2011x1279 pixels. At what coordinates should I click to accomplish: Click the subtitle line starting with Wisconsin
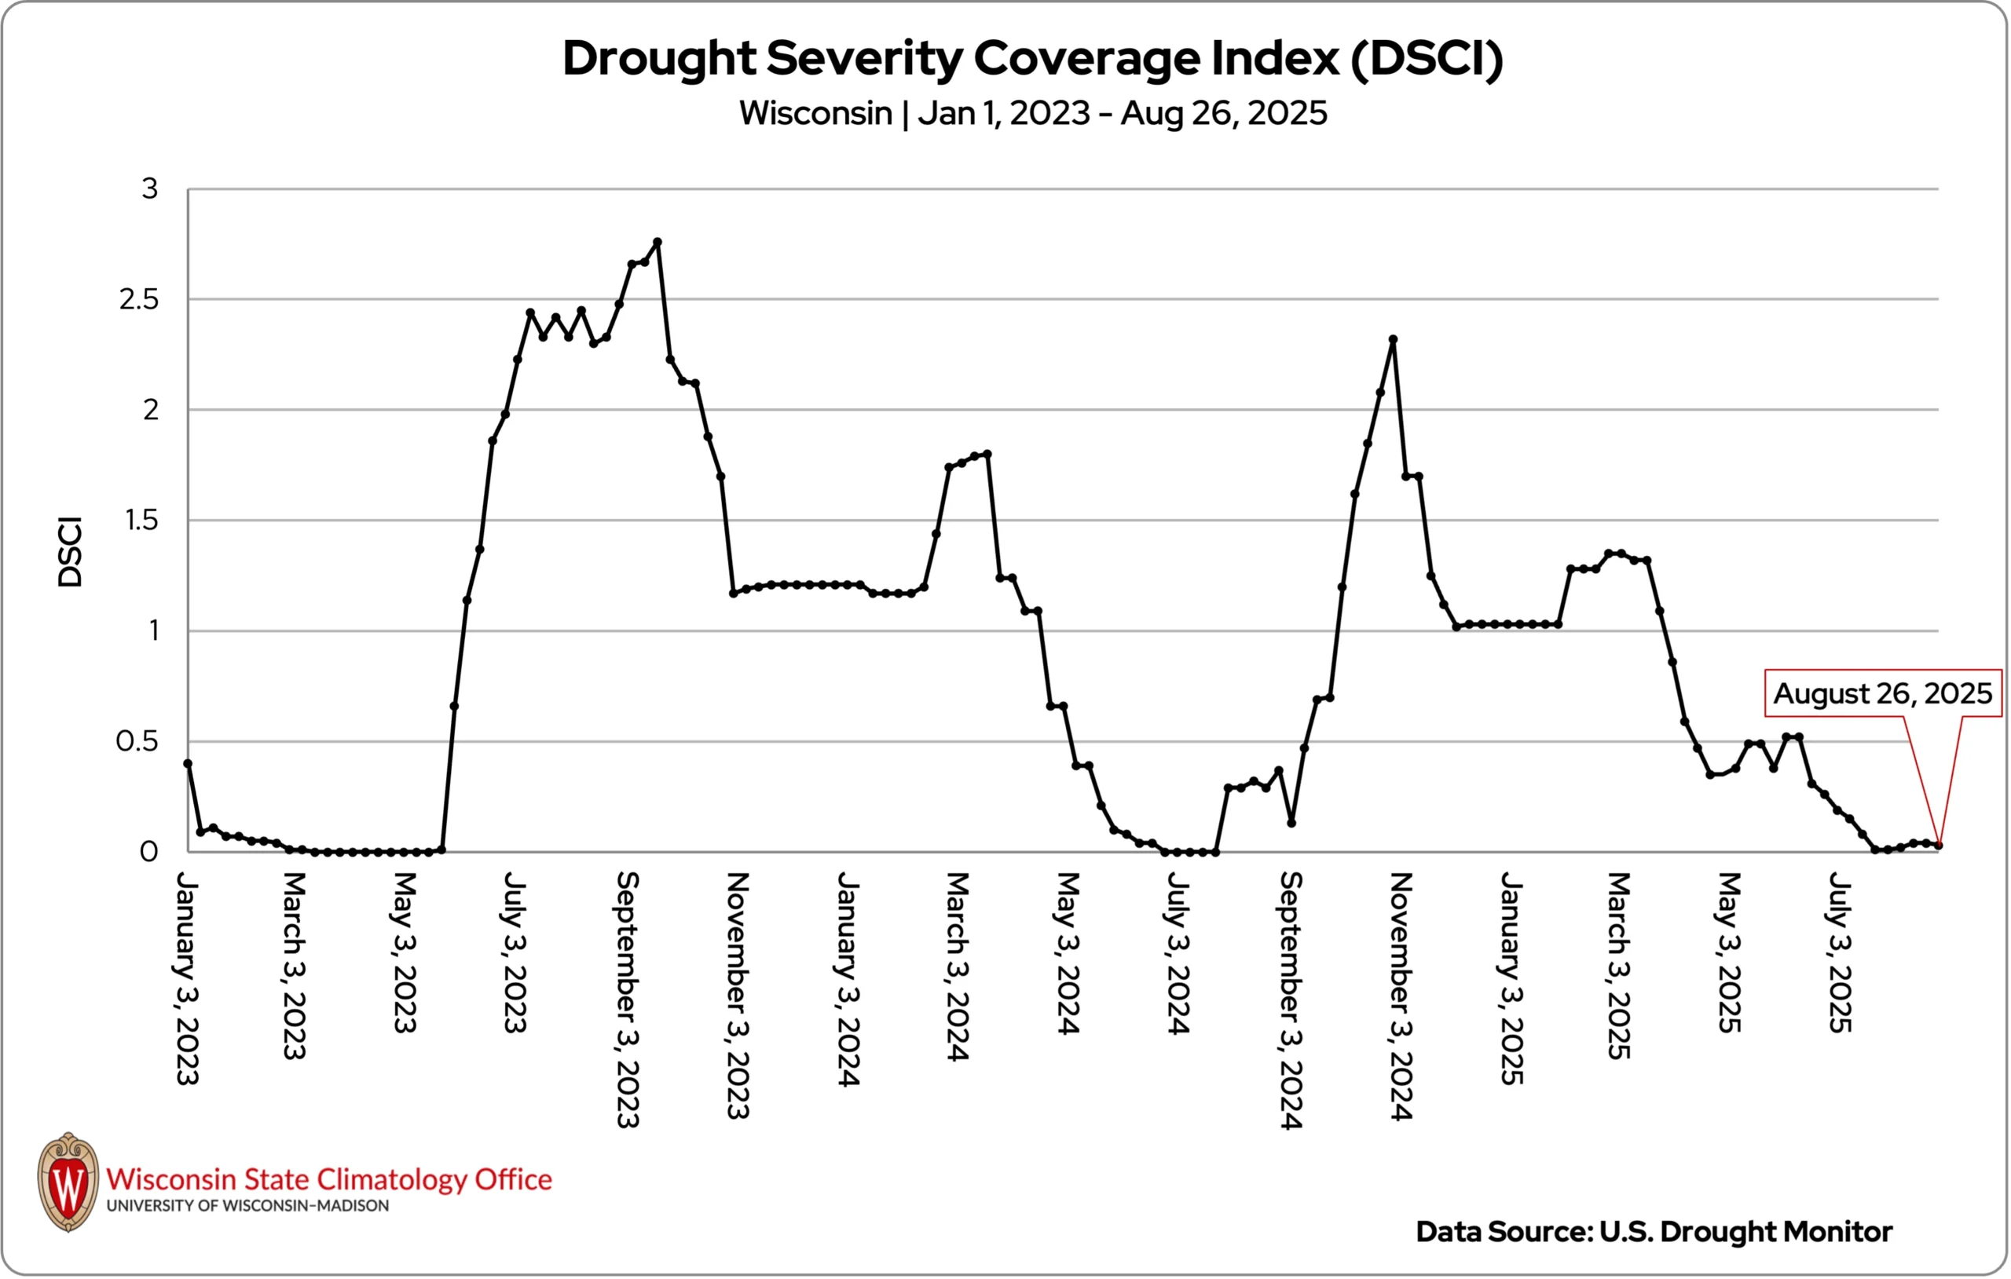[x=1032, y=114]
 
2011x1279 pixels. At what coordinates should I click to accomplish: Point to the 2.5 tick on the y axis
[x=138, y=300]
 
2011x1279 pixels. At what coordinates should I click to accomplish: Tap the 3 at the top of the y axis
[x=149, y=189]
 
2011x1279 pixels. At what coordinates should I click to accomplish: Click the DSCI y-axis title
[x=70, y=552]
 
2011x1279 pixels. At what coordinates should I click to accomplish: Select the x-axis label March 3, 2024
[x=958, y=966]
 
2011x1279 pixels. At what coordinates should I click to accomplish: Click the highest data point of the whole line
[x=658, y=242]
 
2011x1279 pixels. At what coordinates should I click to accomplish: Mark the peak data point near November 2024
[x=1393, y=340]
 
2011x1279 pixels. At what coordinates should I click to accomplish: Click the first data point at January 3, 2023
[x=188, y=763]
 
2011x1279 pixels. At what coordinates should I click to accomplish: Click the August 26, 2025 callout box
[x=1882, y=694]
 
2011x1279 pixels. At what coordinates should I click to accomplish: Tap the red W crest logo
[x=68, y=1182]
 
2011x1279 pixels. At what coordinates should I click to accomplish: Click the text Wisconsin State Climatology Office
[x=329, y=1179]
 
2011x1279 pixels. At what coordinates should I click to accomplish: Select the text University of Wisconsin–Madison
[x=247, y=1205]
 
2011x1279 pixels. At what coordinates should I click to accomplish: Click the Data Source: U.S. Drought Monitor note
[x=1654, y=1231]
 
